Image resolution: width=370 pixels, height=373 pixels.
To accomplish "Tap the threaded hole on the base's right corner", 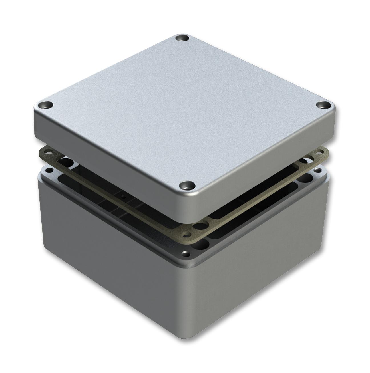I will click(317, 171).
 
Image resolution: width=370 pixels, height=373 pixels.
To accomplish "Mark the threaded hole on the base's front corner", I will click(186, 253).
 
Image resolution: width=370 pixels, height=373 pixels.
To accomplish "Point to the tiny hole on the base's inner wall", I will click(122, 197).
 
